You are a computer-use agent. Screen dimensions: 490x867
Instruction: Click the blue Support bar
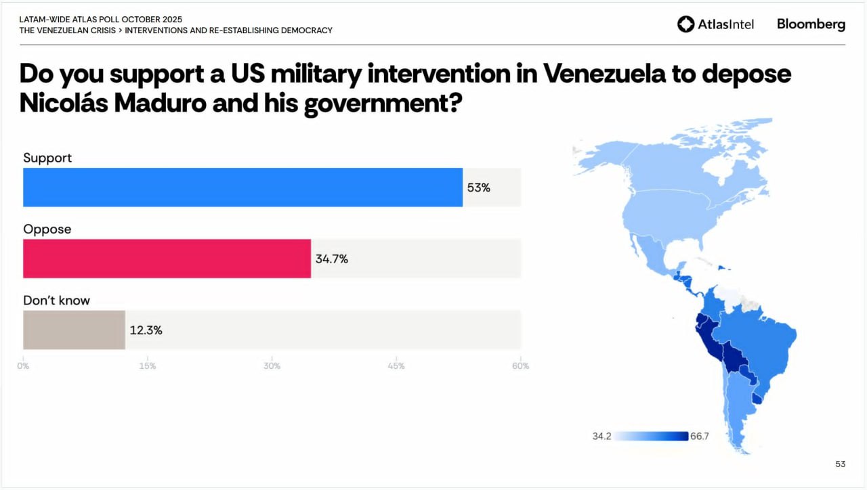[x=242, y=187]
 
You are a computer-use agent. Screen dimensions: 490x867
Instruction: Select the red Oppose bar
[x=167, y=259]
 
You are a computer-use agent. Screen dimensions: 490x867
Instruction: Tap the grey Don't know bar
[x=74, y=330]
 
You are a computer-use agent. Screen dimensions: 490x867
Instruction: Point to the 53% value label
[x=478, y=187]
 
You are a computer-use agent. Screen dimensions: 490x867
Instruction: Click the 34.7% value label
[x=331, y=259]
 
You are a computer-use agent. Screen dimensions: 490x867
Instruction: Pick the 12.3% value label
[x=146, y=330]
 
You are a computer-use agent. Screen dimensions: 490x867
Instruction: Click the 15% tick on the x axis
[x=147, y=366]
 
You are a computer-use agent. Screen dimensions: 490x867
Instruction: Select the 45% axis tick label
[x=396, y=366]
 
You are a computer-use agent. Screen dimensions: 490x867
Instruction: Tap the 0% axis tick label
[x=23, y=366]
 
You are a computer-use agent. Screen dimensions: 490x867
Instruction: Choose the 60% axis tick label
[x=520, y=366]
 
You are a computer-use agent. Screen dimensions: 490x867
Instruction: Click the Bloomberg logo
[x=811, y=24]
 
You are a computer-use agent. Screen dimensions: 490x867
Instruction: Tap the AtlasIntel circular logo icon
[x=685, y=24]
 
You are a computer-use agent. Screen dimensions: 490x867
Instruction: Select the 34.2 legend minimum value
[x=601, y=437]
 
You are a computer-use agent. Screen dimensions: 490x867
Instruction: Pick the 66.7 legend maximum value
[x=699, y=437]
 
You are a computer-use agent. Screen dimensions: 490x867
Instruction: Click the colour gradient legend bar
[x=651, y=437]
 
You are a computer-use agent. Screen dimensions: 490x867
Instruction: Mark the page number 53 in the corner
[x=840, y=464]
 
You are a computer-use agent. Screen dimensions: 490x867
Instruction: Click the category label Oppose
[x=47, y=229]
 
